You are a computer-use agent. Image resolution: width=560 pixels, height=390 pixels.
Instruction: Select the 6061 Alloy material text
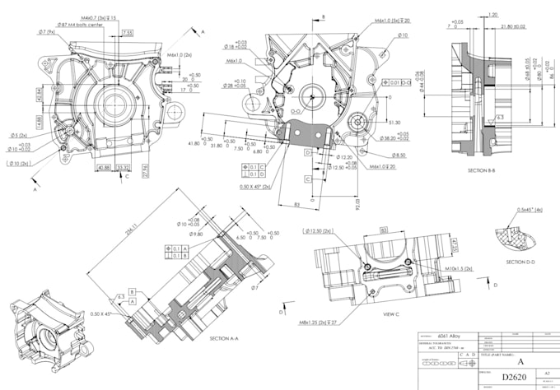[447, 337]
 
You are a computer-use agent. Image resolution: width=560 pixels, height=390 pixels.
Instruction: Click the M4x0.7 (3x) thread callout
[99, 16]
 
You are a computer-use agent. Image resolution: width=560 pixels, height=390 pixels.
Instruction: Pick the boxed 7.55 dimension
[128, 33]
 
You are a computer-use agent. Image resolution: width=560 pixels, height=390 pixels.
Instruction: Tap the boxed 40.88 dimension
[105, 167]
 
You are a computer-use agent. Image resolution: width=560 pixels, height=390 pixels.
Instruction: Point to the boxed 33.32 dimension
[123, 167]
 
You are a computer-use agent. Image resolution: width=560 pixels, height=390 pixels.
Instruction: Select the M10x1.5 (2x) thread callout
[458, 269]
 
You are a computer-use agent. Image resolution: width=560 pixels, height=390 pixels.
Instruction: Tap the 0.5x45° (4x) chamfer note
[526, 209]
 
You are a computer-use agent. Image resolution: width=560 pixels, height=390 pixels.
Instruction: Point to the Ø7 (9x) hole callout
[46, 32]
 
